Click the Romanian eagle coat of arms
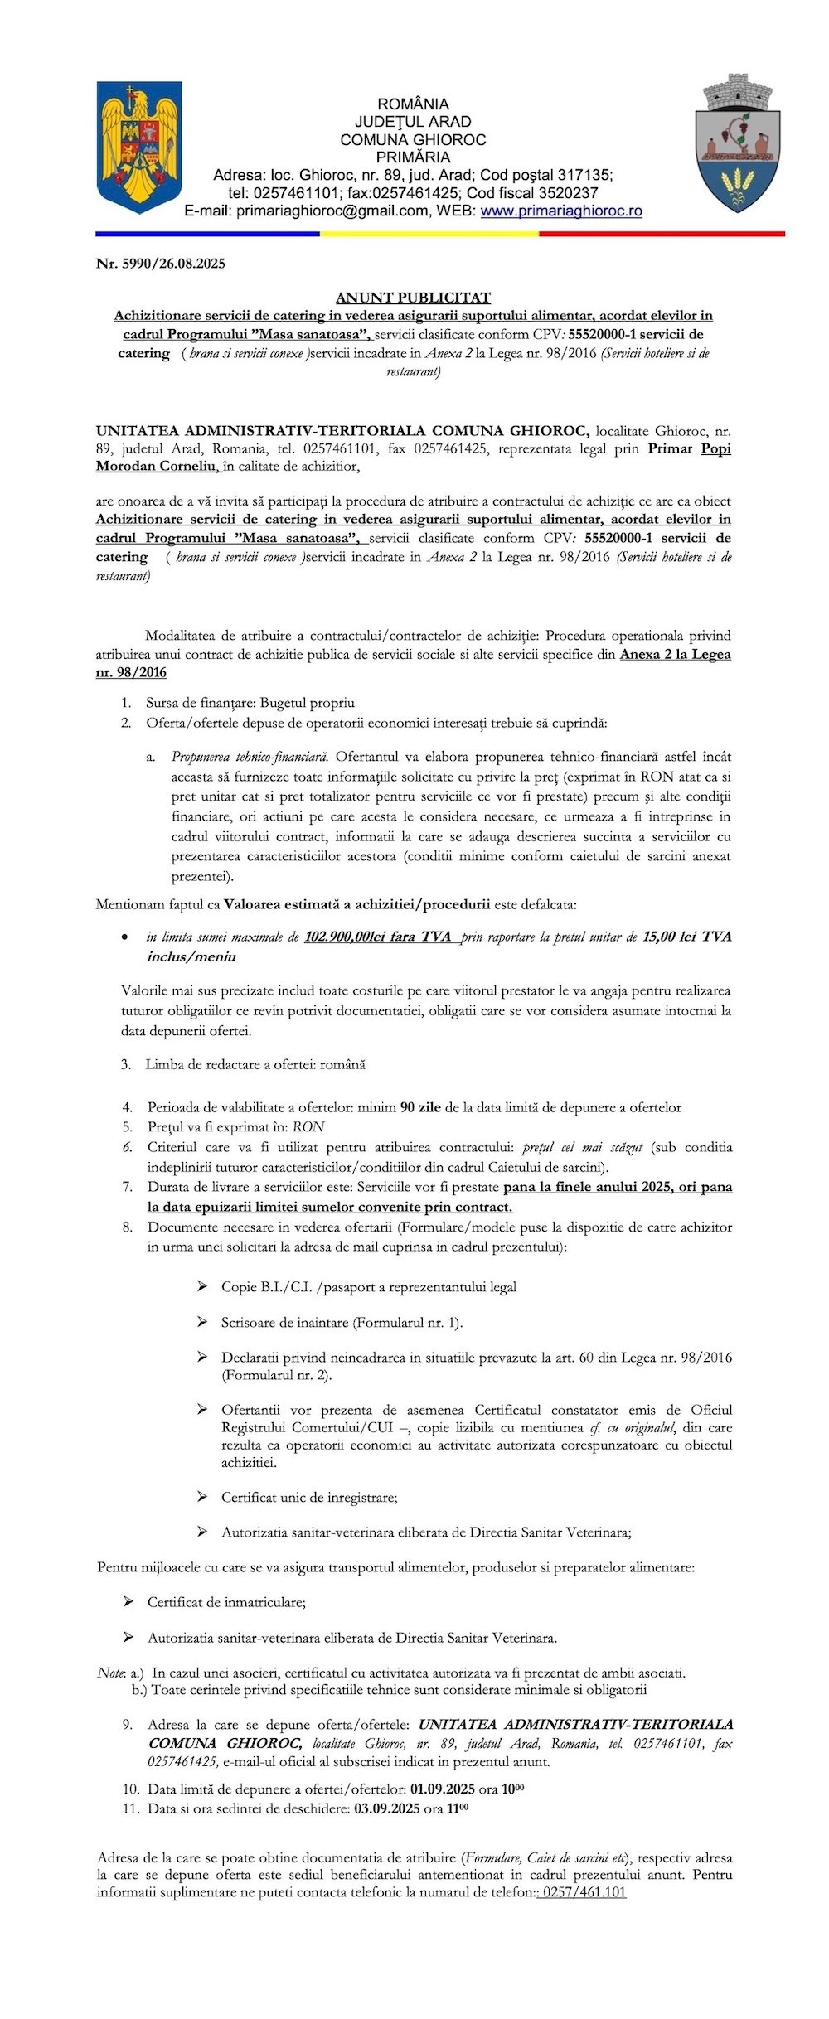coord(138,147)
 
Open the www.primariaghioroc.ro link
coord(561,211)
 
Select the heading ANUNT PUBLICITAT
coord(413,297)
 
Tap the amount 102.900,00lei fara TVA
coord(377,937)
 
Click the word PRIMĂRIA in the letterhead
coord(413,157)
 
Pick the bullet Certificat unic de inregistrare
coord(309,1497)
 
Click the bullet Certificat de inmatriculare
coord(226,1602)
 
